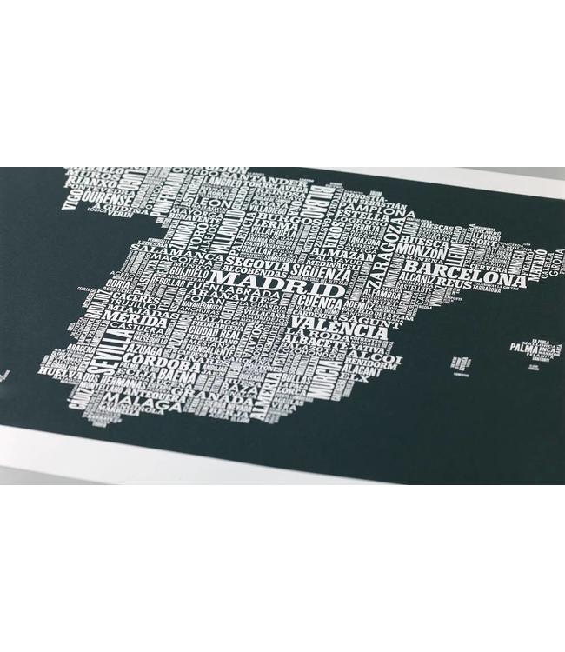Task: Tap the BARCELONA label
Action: click(476, 272)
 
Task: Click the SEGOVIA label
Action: click(254, 260)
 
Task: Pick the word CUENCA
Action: click(322, 303)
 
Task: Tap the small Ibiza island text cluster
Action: click(460, 362)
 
